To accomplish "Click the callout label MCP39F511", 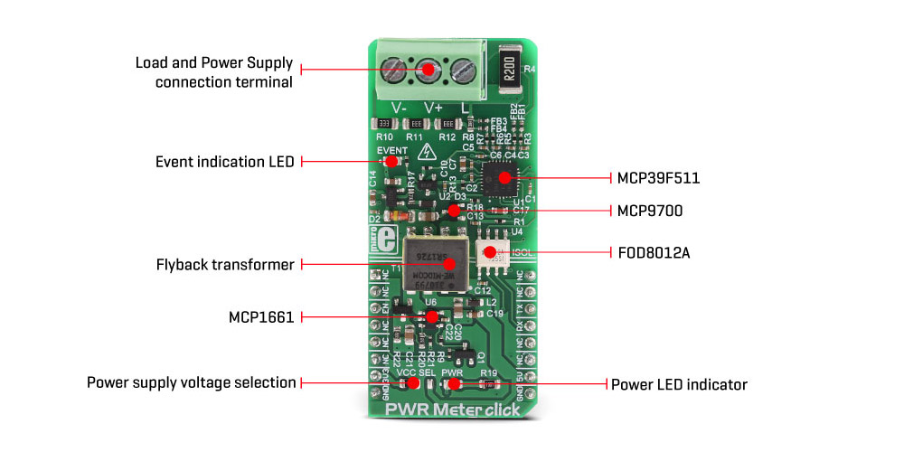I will (658, 178).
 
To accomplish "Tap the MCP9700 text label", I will (649, 211).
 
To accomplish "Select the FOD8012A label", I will (654, 252).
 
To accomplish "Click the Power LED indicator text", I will (679, 384).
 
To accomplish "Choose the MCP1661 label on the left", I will (262, 317).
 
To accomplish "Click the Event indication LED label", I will (225, 162).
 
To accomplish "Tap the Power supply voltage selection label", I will (192, 382).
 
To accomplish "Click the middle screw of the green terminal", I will (427, 69).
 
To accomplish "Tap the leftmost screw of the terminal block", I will (393, 69).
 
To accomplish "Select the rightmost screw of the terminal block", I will (462, 69).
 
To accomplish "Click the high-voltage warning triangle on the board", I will (444, 147).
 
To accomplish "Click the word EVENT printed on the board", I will (391, 149).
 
